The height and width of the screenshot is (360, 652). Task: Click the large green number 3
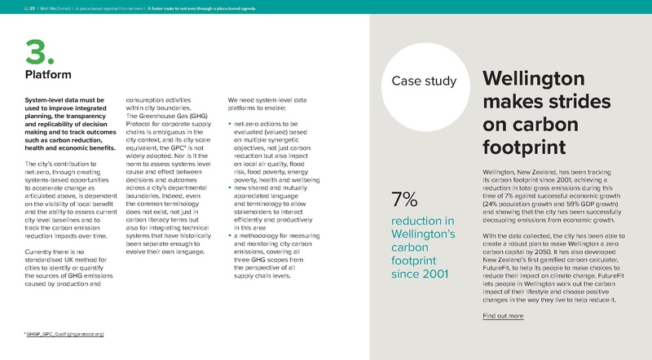pyautogui.click(x=39, y=50)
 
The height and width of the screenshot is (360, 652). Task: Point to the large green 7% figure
pyautogui.click(x=405, y=199)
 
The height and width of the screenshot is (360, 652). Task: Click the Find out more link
pyautogui.click(x=503, y=315)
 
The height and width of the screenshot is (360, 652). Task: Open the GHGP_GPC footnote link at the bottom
pyautogui.click(x=64, y=335)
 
